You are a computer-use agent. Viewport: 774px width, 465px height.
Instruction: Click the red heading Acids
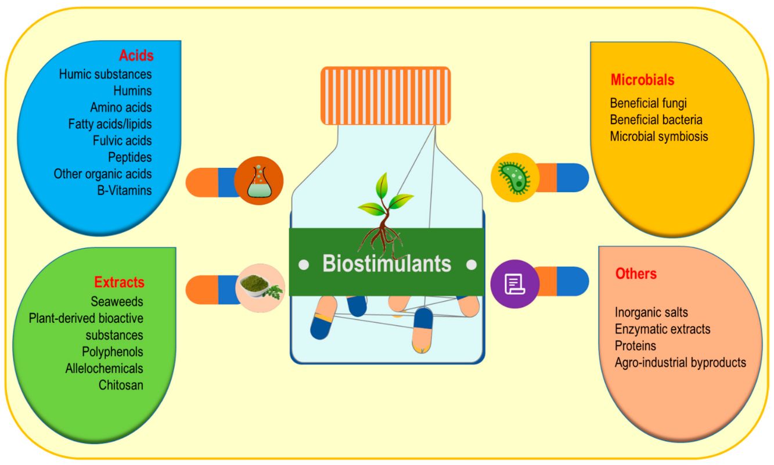pyautogui.click(x=136, y=56)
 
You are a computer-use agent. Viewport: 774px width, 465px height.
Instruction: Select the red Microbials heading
pyautogui.click(x=642, y=80)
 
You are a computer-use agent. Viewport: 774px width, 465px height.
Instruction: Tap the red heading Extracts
pyautogui.click(x=119, y=283)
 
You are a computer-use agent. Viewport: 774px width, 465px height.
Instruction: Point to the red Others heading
pyautogui.click(x=636, y=273)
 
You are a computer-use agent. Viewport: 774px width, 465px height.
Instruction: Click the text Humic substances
pyautogui.click(x=105, y=74)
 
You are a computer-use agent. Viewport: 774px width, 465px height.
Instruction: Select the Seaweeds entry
pyautogui.click(x=117, y=302)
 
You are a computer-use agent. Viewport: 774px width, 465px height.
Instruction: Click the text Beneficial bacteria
pyautogui.click(x=656, y=120)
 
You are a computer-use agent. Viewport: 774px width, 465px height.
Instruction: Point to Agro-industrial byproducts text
pyautogui.click(x=681, y=363)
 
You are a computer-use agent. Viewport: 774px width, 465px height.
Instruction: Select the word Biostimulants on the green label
pyautogui.click(x=387, y=264)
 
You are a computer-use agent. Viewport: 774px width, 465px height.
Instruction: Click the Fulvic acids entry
pyautogui.click(x=122, y=140)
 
